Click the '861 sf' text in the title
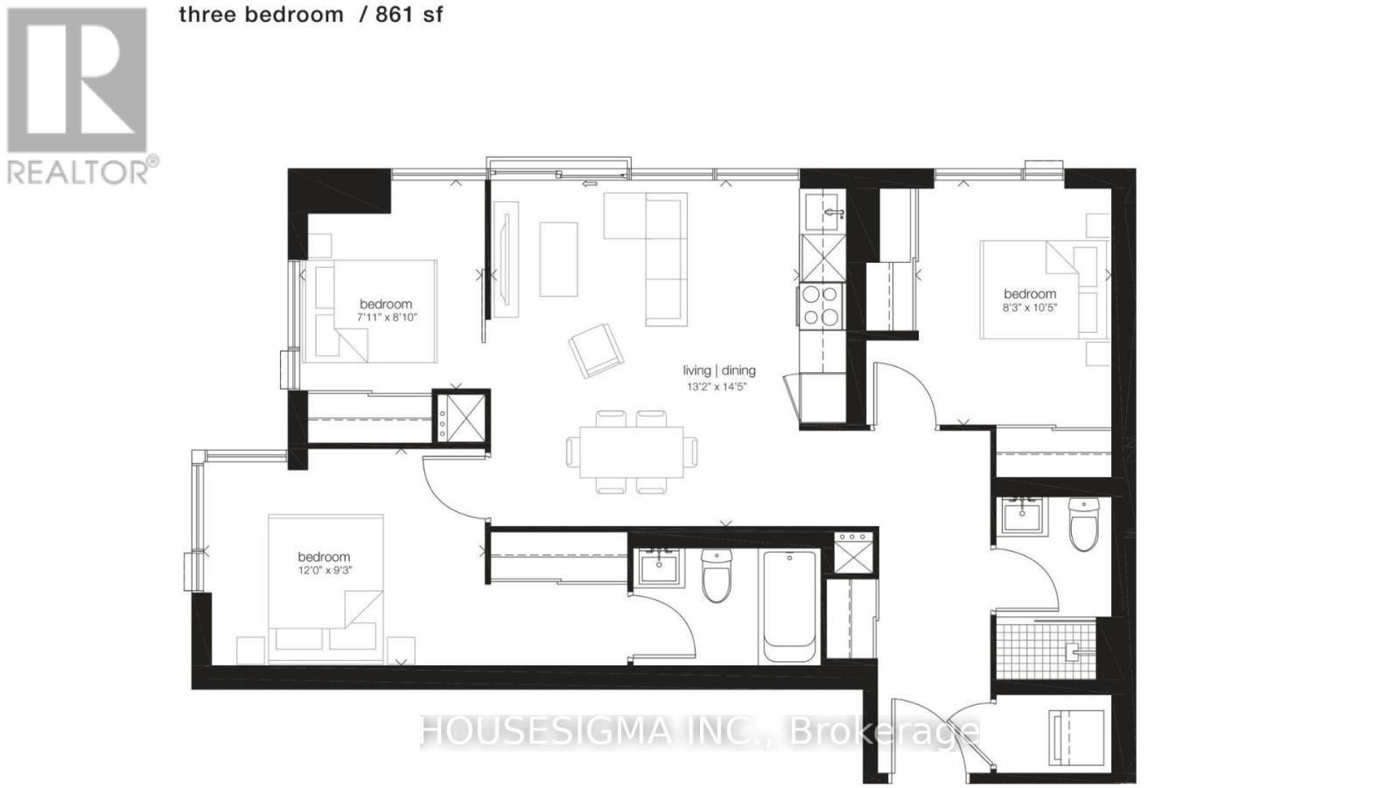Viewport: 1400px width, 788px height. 409,14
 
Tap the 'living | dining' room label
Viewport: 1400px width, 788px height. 719,370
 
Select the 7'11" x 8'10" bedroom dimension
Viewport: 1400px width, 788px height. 386,318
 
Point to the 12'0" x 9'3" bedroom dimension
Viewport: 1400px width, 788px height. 324,570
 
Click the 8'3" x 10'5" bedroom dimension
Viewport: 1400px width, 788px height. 1030,307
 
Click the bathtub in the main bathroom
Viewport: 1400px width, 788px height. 790,605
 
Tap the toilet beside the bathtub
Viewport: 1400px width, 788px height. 717,576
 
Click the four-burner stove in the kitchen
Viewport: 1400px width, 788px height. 821,306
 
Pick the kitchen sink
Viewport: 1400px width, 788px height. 823,212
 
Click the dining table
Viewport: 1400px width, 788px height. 632,452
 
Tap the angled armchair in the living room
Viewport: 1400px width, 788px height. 596,349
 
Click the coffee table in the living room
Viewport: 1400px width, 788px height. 558,259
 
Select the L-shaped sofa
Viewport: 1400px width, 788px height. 652,254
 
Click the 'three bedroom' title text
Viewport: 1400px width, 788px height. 261,14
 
